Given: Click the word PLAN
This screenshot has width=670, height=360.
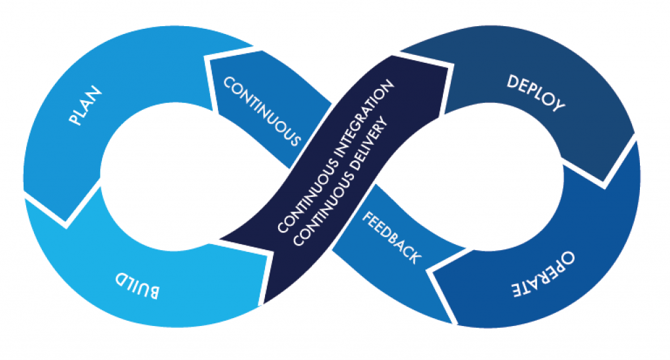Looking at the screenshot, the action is pos(86,105).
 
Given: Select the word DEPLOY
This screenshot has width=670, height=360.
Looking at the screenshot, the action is pos(536,94).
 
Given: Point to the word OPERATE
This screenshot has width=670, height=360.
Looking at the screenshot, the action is pos(544,274).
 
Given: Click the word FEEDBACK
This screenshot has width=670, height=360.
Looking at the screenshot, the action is pos(391,238).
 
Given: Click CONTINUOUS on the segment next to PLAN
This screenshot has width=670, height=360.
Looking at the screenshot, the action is pos(262,111).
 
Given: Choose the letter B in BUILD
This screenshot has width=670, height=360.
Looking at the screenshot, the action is pos(153,292).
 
